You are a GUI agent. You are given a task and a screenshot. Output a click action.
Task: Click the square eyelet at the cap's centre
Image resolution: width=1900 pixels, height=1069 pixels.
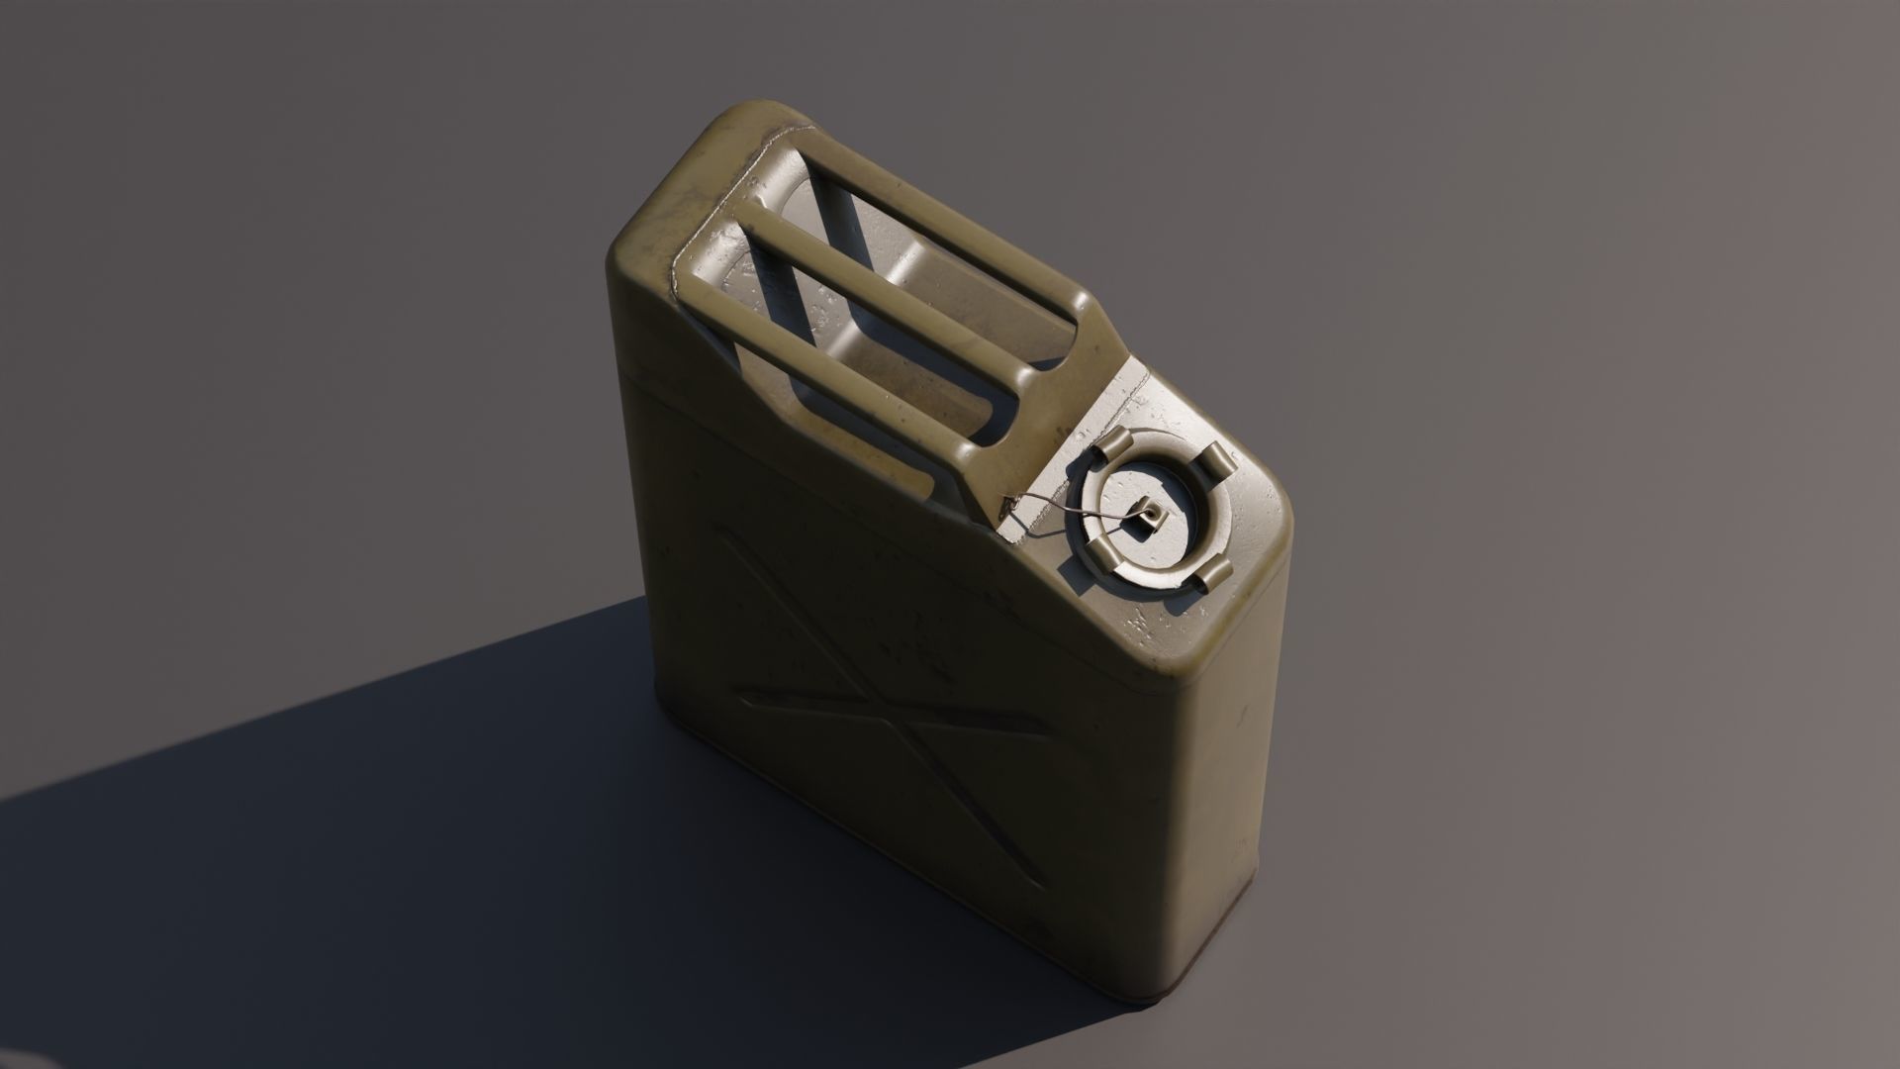1150,513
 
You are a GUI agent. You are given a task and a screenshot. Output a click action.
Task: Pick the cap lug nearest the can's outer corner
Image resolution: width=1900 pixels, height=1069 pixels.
1210,576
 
